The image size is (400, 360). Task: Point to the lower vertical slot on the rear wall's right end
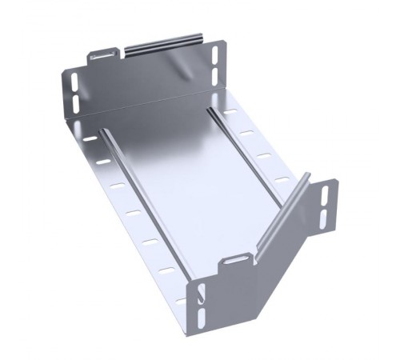point(216,76)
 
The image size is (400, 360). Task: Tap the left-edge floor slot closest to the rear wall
point(88,138)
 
